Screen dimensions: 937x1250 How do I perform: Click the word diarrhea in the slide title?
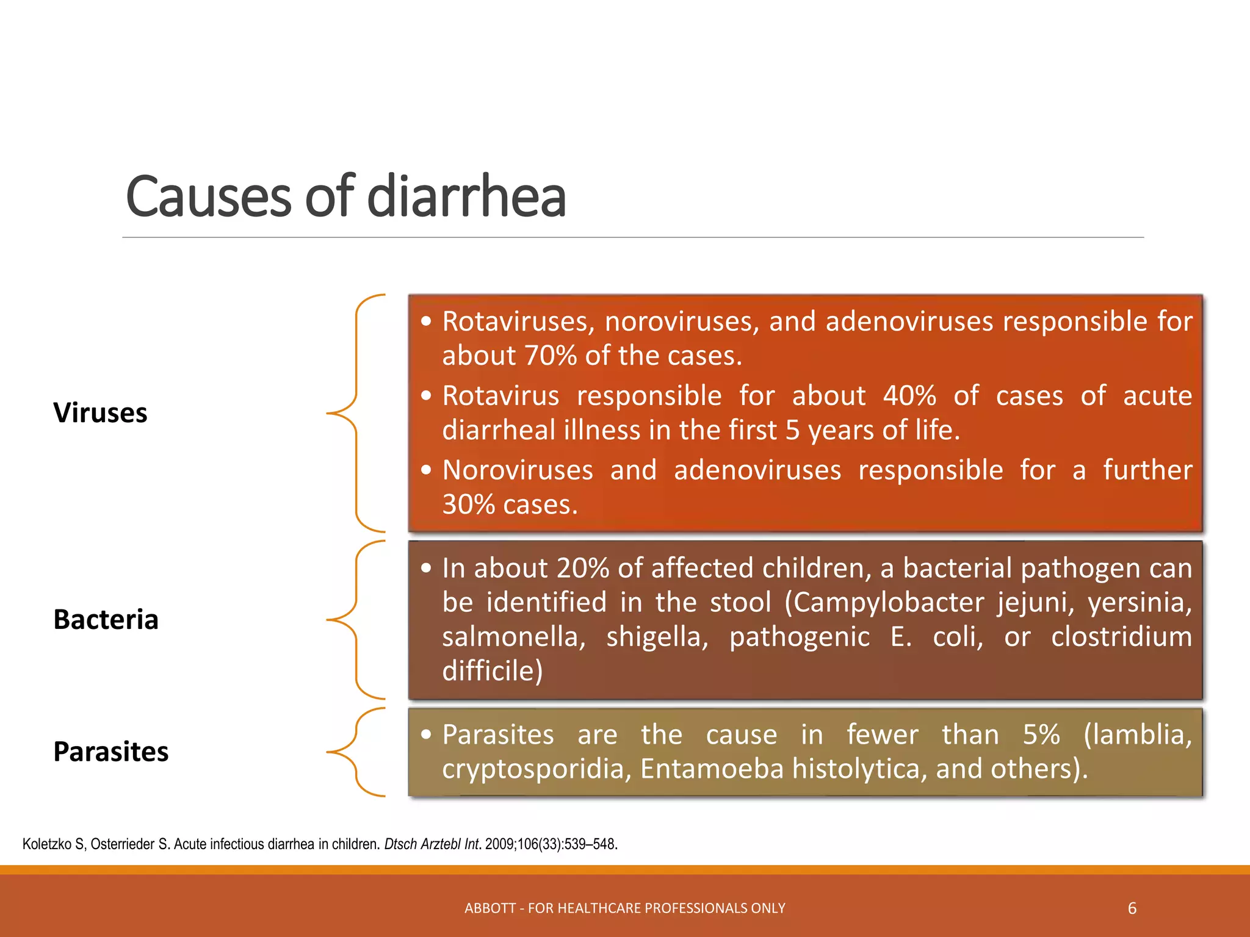pyautogui.click(x=466, y=196)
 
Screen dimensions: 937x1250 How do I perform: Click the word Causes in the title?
pyautogui.click(x=208, y=196)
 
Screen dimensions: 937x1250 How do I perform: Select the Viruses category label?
pyautogui.click(x=100, y=413)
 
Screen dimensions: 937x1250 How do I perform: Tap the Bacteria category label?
pyautogui.click(x=106, y=620)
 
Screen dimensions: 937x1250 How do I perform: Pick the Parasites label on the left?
pyautogui.click(x=110, y=752)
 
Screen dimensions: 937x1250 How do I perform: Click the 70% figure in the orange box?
pyautogui.click(x=550, y=356)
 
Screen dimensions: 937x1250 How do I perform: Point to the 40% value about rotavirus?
pyautogui.click(x=909, y=396)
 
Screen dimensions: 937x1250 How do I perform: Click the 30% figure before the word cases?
pyautogui.click(x=468, y=504)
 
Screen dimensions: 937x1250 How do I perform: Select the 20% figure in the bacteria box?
pyautogui.click(x=582, y=569)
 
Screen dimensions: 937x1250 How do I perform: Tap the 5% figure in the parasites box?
pyautogui.click(x=1041, y=734)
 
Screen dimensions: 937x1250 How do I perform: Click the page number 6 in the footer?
pyautogui.click(x=1132, y=908)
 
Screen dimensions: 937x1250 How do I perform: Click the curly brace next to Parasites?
pyautogui.click(x=357, y=752)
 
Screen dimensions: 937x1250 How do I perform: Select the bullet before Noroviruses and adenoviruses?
pyautogui.click(x=426, y=470)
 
